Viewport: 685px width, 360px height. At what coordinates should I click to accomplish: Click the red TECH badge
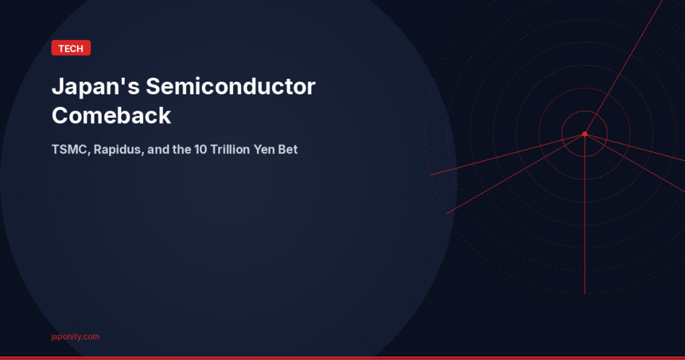70,48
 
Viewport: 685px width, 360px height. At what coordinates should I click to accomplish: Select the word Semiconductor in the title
230,87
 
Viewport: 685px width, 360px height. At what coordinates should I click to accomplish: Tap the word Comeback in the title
111,116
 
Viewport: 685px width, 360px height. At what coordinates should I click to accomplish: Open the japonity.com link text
75,337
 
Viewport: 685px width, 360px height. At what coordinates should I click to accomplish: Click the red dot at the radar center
585,134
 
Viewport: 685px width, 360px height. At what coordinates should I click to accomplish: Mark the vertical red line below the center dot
585,221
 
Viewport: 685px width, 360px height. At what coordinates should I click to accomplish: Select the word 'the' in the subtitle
183,149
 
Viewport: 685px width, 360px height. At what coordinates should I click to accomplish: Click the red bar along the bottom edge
342,358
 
